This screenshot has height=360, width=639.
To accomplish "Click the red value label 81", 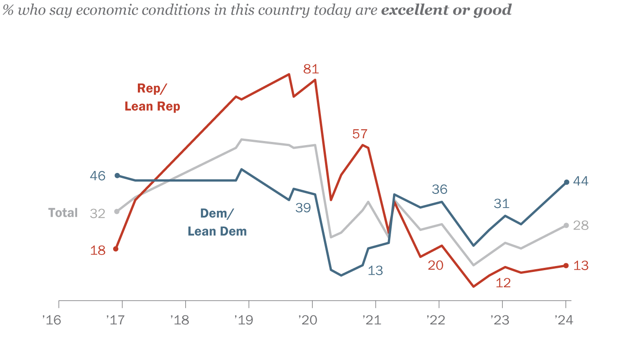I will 311,69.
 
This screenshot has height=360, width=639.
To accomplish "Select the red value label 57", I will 360,134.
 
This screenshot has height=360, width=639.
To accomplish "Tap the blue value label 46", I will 98,176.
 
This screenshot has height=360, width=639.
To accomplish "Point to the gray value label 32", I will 98,213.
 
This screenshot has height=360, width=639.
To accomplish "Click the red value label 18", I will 98,250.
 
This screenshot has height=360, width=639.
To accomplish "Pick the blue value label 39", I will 303,208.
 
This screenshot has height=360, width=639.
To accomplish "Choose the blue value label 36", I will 440,189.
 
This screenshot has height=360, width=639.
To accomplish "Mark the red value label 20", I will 435,265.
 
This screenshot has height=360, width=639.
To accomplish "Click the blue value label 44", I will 581,181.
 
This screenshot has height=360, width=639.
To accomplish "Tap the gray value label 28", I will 581,225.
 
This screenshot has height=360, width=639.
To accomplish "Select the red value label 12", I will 503,282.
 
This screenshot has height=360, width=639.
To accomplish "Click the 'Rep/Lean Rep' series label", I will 152,97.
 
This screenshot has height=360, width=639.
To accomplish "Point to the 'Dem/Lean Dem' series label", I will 217,222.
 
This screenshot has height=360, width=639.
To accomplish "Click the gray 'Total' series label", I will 63,213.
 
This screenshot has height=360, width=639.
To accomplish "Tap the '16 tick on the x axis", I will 52,320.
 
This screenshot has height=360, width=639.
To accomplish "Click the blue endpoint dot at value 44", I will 566,182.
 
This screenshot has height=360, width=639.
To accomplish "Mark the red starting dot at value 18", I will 115,249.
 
